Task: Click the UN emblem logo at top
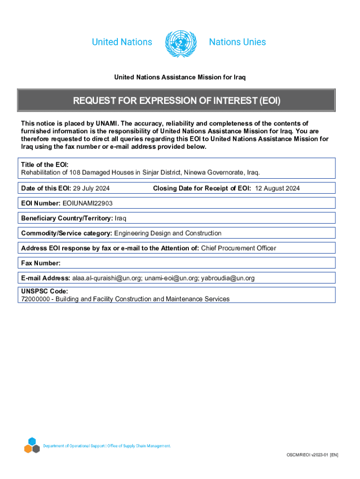coord(180,43)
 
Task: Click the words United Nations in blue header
coord(122,42)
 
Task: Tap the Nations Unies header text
coord(238,42)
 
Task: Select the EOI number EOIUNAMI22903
coord(87,203)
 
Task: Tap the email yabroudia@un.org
coord(228,278)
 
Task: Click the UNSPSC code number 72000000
coord(35,298)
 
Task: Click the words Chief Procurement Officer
coord(238,248)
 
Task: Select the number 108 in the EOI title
coord(75,173)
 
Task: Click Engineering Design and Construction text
coord(168,233)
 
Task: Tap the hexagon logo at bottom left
coord(32,445)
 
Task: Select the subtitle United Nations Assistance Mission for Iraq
coord(180,77)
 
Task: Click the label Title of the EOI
coord(45,165)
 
